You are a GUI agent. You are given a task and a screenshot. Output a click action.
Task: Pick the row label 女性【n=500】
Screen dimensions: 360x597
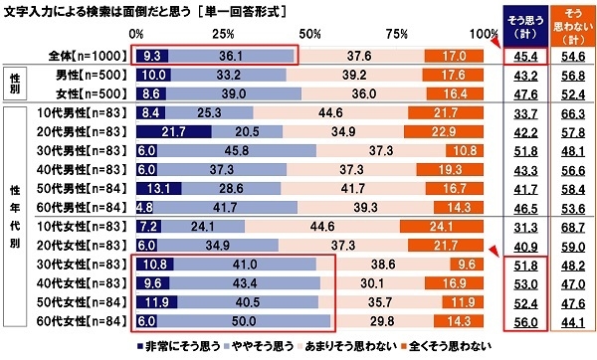coord(90,93)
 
